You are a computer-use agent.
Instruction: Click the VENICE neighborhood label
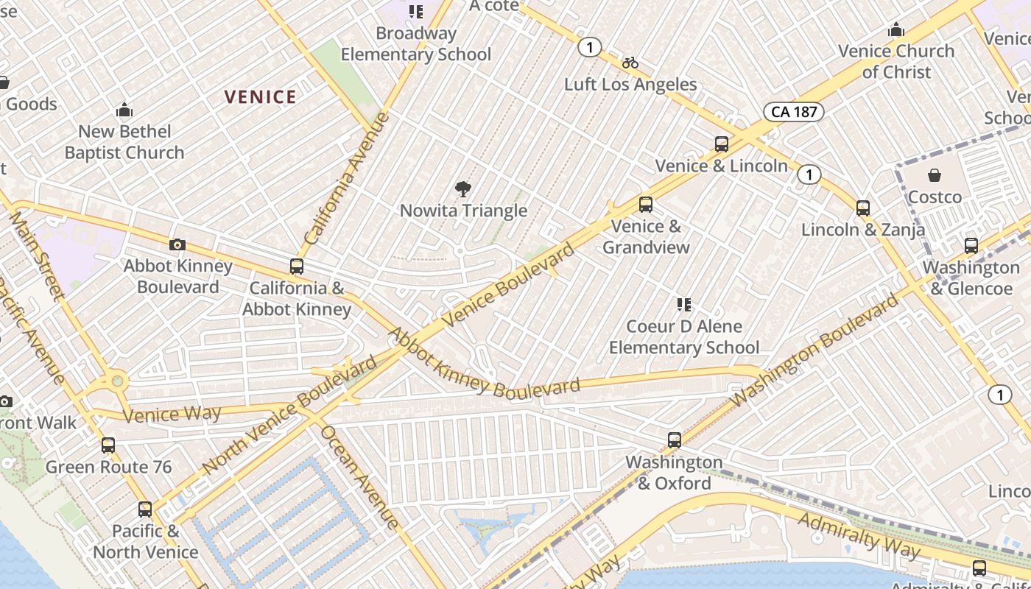pyautogui.click(x=260, y=96)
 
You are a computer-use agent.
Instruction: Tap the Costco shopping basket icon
pyautogui.click(x=934, y=175)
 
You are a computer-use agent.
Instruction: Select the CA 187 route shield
pyautogui.click(x=792, y=112)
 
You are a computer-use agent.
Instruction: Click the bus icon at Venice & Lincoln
pyautogui.click(x=722, y=144)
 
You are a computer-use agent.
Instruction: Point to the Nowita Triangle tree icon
pyautogui.click(x=463, y=189)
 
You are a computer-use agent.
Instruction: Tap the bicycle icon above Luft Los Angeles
pyautogui.click(x=630, y=63)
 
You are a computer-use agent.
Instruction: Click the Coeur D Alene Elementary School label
pyautogui.click(x=684, y=336)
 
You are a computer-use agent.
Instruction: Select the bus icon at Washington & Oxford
pyautogui.click(x=674, y=440)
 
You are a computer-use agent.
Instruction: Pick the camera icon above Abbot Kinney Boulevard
pyautogui.click(x=177, y=244)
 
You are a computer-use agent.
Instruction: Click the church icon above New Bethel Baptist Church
pyautogui.click(x=124, y=110)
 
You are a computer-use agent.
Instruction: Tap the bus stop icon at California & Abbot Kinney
pyautogui.click(x=297, y=267)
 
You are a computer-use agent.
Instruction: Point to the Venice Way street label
pyautogui.click(x=172, y=414)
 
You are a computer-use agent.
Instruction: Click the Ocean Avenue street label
pyautogui.click(x=360, y=477)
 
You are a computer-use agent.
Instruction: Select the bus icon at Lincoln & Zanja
pyautogui.click(x=863, y=208)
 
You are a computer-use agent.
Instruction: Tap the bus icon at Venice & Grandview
pyautogui.click(x=646, y=204)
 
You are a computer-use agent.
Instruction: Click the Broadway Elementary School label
pyautogui.click(x=415, y=43)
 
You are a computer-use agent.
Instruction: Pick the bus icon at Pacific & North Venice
pyautogui.click(x=145, y=509)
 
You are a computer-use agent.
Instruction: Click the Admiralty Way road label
pyautogui.click(x=859, y=534)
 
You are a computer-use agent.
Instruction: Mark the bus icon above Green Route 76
pyautogui.click(x=108, y=445)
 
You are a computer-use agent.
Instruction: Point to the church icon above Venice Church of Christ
pyautogui.click(x=896, y=30)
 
